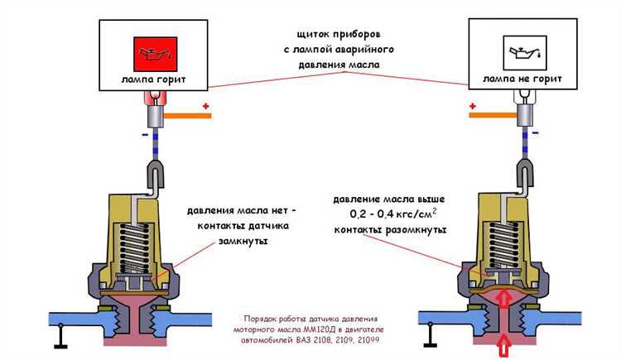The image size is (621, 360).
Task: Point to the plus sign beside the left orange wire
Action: coord(206,106)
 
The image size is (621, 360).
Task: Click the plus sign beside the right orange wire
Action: coord(472,106)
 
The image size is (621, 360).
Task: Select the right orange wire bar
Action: coord(490,116)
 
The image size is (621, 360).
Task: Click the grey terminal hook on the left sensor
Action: coord(153,175)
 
